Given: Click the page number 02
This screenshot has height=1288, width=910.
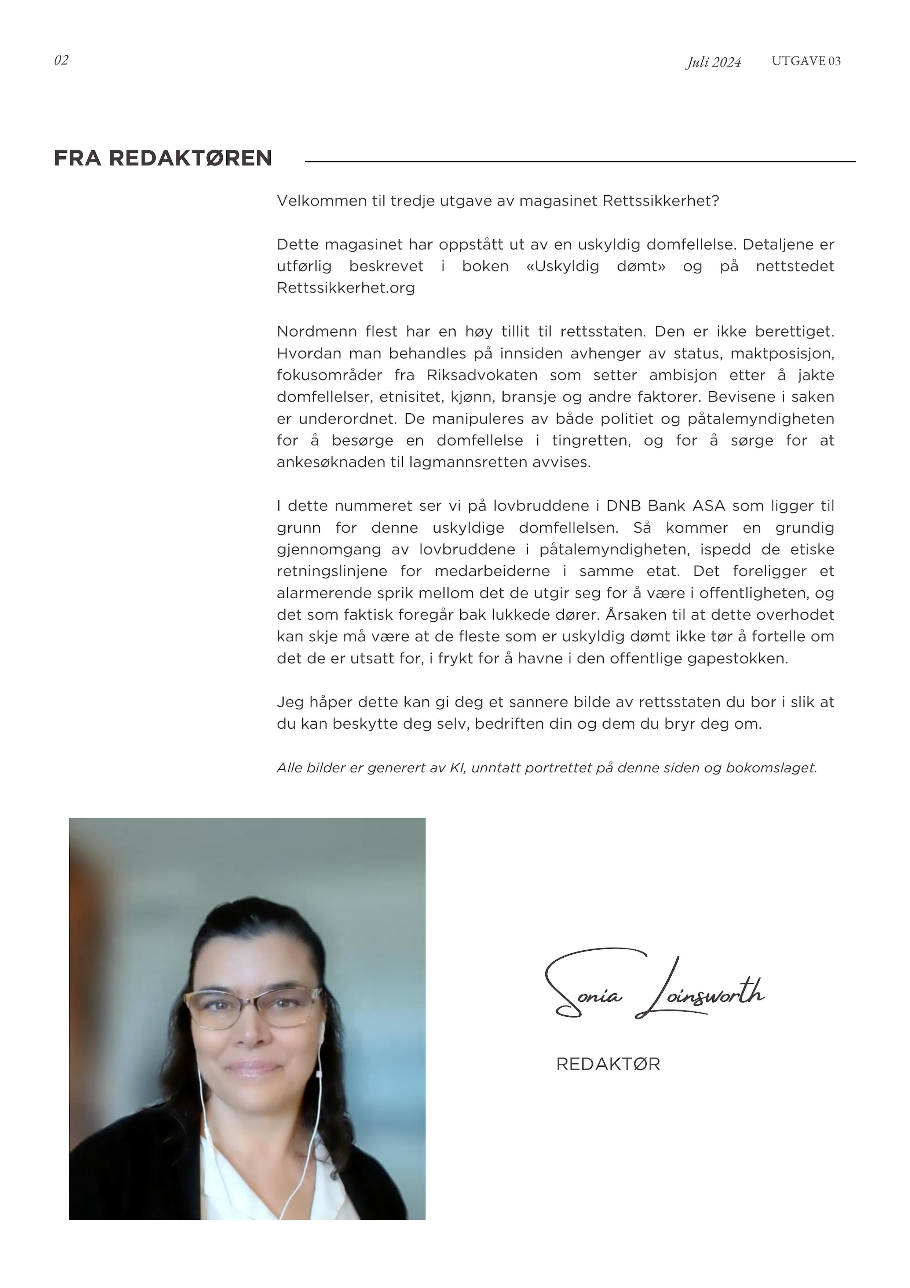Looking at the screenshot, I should tap(61, 60).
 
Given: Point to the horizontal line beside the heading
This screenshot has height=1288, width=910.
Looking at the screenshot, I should tap(580, 162).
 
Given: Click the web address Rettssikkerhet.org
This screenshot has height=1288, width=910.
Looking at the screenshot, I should tap(346, 288).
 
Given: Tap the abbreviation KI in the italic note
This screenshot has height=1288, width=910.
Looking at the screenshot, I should tap(457, 768).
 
